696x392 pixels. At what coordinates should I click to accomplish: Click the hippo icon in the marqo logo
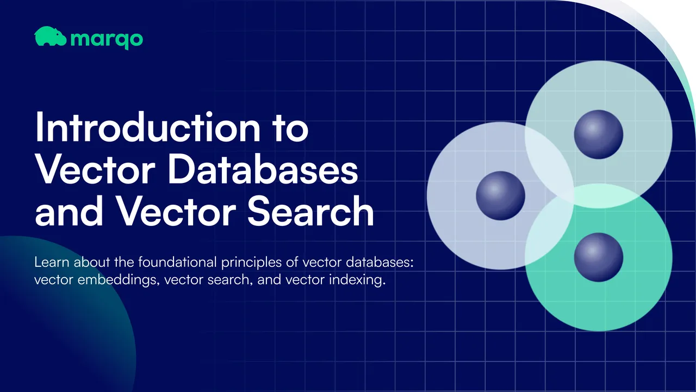point(50,36)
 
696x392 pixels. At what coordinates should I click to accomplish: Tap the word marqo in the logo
point(107,40)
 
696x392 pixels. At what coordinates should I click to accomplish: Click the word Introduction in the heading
point(148,127)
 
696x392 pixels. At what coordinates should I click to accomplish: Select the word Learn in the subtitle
point(52,262)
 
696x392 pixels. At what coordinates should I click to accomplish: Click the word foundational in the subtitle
point(177,262)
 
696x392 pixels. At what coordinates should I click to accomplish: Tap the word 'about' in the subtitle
point(92,262)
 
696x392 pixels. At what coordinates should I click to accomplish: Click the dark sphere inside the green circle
point(599,258)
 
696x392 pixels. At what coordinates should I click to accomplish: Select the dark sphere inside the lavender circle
point(501,195)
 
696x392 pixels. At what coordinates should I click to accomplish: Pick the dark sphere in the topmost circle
point(599,134)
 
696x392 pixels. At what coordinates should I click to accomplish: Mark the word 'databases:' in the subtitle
point(380,262)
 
